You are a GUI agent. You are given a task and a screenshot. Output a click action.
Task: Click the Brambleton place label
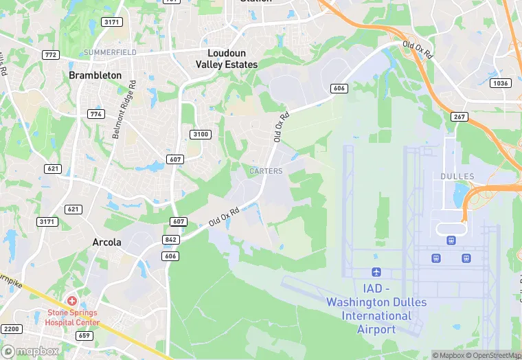(x=95, y=75)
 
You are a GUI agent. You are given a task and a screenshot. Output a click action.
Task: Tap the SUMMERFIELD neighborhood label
(x=110, y=52)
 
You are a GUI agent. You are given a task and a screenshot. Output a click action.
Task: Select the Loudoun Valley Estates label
(x=226, y=58)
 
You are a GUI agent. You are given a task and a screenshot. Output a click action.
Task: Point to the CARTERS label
(x=266, y=171)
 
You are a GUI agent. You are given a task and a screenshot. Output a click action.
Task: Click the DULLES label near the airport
(x=457, y=177)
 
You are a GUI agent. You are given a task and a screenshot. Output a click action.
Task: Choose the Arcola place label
(x=107, y=242)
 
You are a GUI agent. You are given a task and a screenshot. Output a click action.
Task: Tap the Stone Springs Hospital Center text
(x=73, y=317)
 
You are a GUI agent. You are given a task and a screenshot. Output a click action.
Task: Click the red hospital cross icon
(x=72, y=302)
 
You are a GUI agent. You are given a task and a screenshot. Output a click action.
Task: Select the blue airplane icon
(x=376, y=273)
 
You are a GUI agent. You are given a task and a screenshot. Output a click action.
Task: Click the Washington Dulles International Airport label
(x=376, y=309)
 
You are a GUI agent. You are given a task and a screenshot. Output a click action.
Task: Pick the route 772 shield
(x=50, y=54)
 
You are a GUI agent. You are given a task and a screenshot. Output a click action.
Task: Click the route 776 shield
(x=95, y=114)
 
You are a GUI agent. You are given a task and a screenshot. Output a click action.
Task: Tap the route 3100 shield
(x=201, y=134)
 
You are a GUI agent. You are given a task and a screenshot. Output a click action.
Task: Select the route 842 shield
(x=171, y=240)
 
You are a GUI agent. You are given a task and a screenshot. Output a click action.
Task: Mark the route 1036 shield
(x=501, y=83)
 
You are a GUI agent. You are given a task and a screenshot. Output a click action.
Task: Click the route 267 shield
(x=459, y=117)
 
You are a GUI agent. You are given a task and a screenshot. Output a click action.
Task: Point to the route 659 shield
(x=85, y=336)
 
